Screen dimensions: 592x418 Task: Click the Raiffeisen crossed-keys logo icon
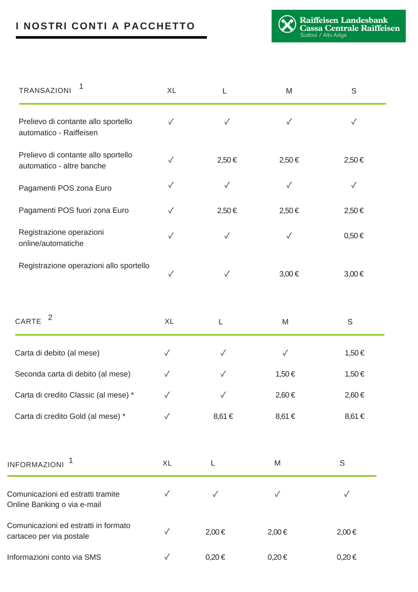point(287,24)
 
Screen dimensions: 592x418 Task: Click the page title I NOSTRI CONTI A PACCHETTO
point(105,26)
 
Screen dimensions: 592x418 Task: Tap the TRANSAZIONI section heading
point(45,91)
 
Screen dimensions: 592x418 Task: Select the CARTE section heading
point(28,321)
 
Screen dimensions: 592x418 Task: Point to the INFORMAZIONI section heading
point(36,465)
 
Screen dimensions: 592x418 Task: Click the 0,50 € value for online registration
point(354,236)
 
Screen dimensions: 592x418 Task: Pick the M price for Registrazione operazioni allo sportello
point(289,274)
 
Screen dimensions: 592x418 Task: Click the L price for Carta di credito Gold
point(223,416)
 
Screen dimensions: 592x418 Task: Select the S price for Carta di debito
point(354,353)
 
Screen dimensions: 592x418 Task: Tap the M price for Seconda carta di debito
point(285,374)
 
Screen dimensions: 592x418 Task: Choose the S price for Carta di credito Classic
point(354,395)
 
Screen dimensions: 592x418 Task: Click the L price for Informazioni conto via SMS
point(215,557)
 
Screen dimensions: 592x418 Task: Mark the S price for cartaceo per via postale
point(347,532)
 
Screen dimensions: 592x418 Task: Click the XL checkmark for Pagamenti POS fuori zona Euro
point(171,210)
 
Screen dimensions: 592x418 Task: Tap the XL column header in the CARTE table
point(169,321)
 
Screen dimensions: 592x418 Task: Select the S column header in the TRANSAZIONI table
point(354,91)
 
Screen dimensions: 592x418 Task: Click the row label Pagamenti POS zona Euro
point(65,188)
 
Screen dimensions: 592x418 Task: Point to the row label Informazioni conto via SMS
point(54,557)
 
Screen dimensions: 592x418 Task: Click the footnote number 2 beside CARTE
point(50,317)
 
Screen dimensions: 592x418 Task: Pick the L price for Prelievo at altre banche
point(227,160)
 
